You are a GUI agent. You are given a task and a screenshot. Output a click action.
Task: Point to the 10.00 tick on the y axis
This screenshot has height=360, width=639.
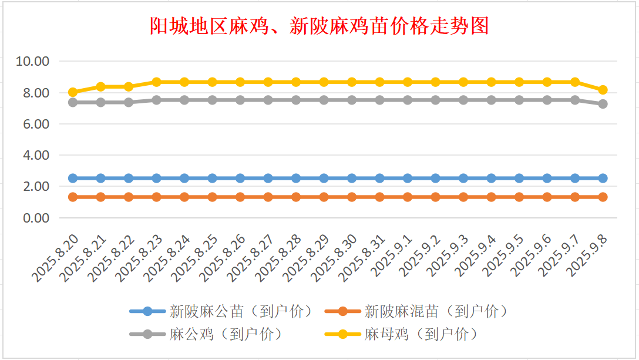(33, 61)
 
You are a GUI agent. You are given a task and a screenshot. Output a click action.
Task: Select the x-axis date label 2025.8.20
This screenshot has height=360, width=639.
(56, 257)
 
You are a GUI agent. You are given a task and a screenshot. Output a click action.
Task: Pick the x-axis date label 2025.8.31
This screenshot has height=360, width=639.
(363, 257)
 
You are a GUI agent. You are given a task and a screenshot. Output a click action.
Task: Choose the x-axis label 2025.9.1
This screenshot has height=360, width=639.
(392, 254)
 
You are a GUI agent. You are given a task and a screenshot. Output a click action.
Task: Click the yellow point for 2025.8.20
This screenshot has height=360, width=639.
(73, 92)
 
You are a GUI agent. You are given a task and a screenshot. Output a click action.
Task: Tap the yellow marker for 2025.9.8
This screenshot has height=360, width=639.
(603, 90)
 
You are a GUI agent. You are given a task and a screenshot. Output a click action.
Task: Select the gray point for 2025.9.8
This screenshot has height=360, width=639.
(603, 104)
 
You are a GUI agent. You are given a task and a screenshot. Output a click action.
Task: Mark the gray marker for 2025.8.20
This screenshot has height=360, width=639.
(73, 102)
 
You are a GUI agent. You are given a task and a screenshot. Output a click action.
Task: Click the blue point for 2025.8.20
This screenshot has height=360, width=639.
(73, 178)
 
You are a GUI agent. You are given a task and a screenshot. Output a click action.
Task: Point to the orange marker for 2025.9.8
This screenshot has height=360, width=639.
(603, 197)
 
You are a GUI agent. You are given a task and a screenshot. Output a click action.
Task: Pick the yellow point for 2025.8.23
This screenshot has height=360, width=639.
(156, 82)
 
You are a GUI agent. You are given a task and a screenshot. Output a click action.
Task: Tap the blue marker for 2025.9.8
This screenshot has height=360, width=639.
(603, 178)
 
